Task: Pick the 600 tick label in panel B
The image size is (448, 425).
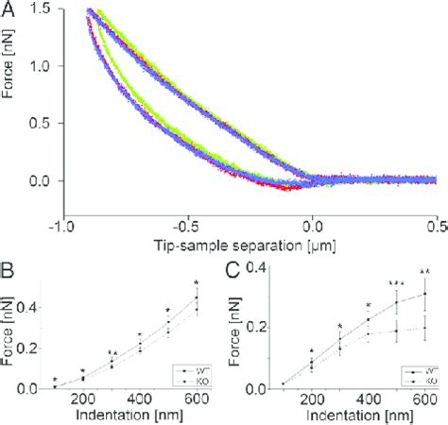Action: (197, 400)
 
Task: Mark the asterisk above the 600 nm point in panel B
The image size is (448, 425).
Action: (197, 282)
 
